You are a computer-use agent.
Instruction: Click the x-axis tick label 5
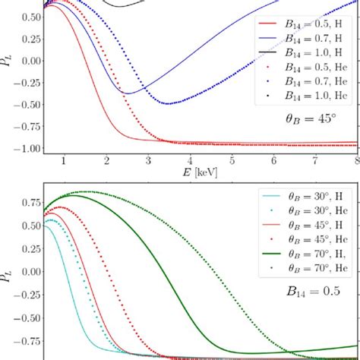231,161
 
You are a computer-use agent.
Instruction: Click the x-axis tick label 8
355,161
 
